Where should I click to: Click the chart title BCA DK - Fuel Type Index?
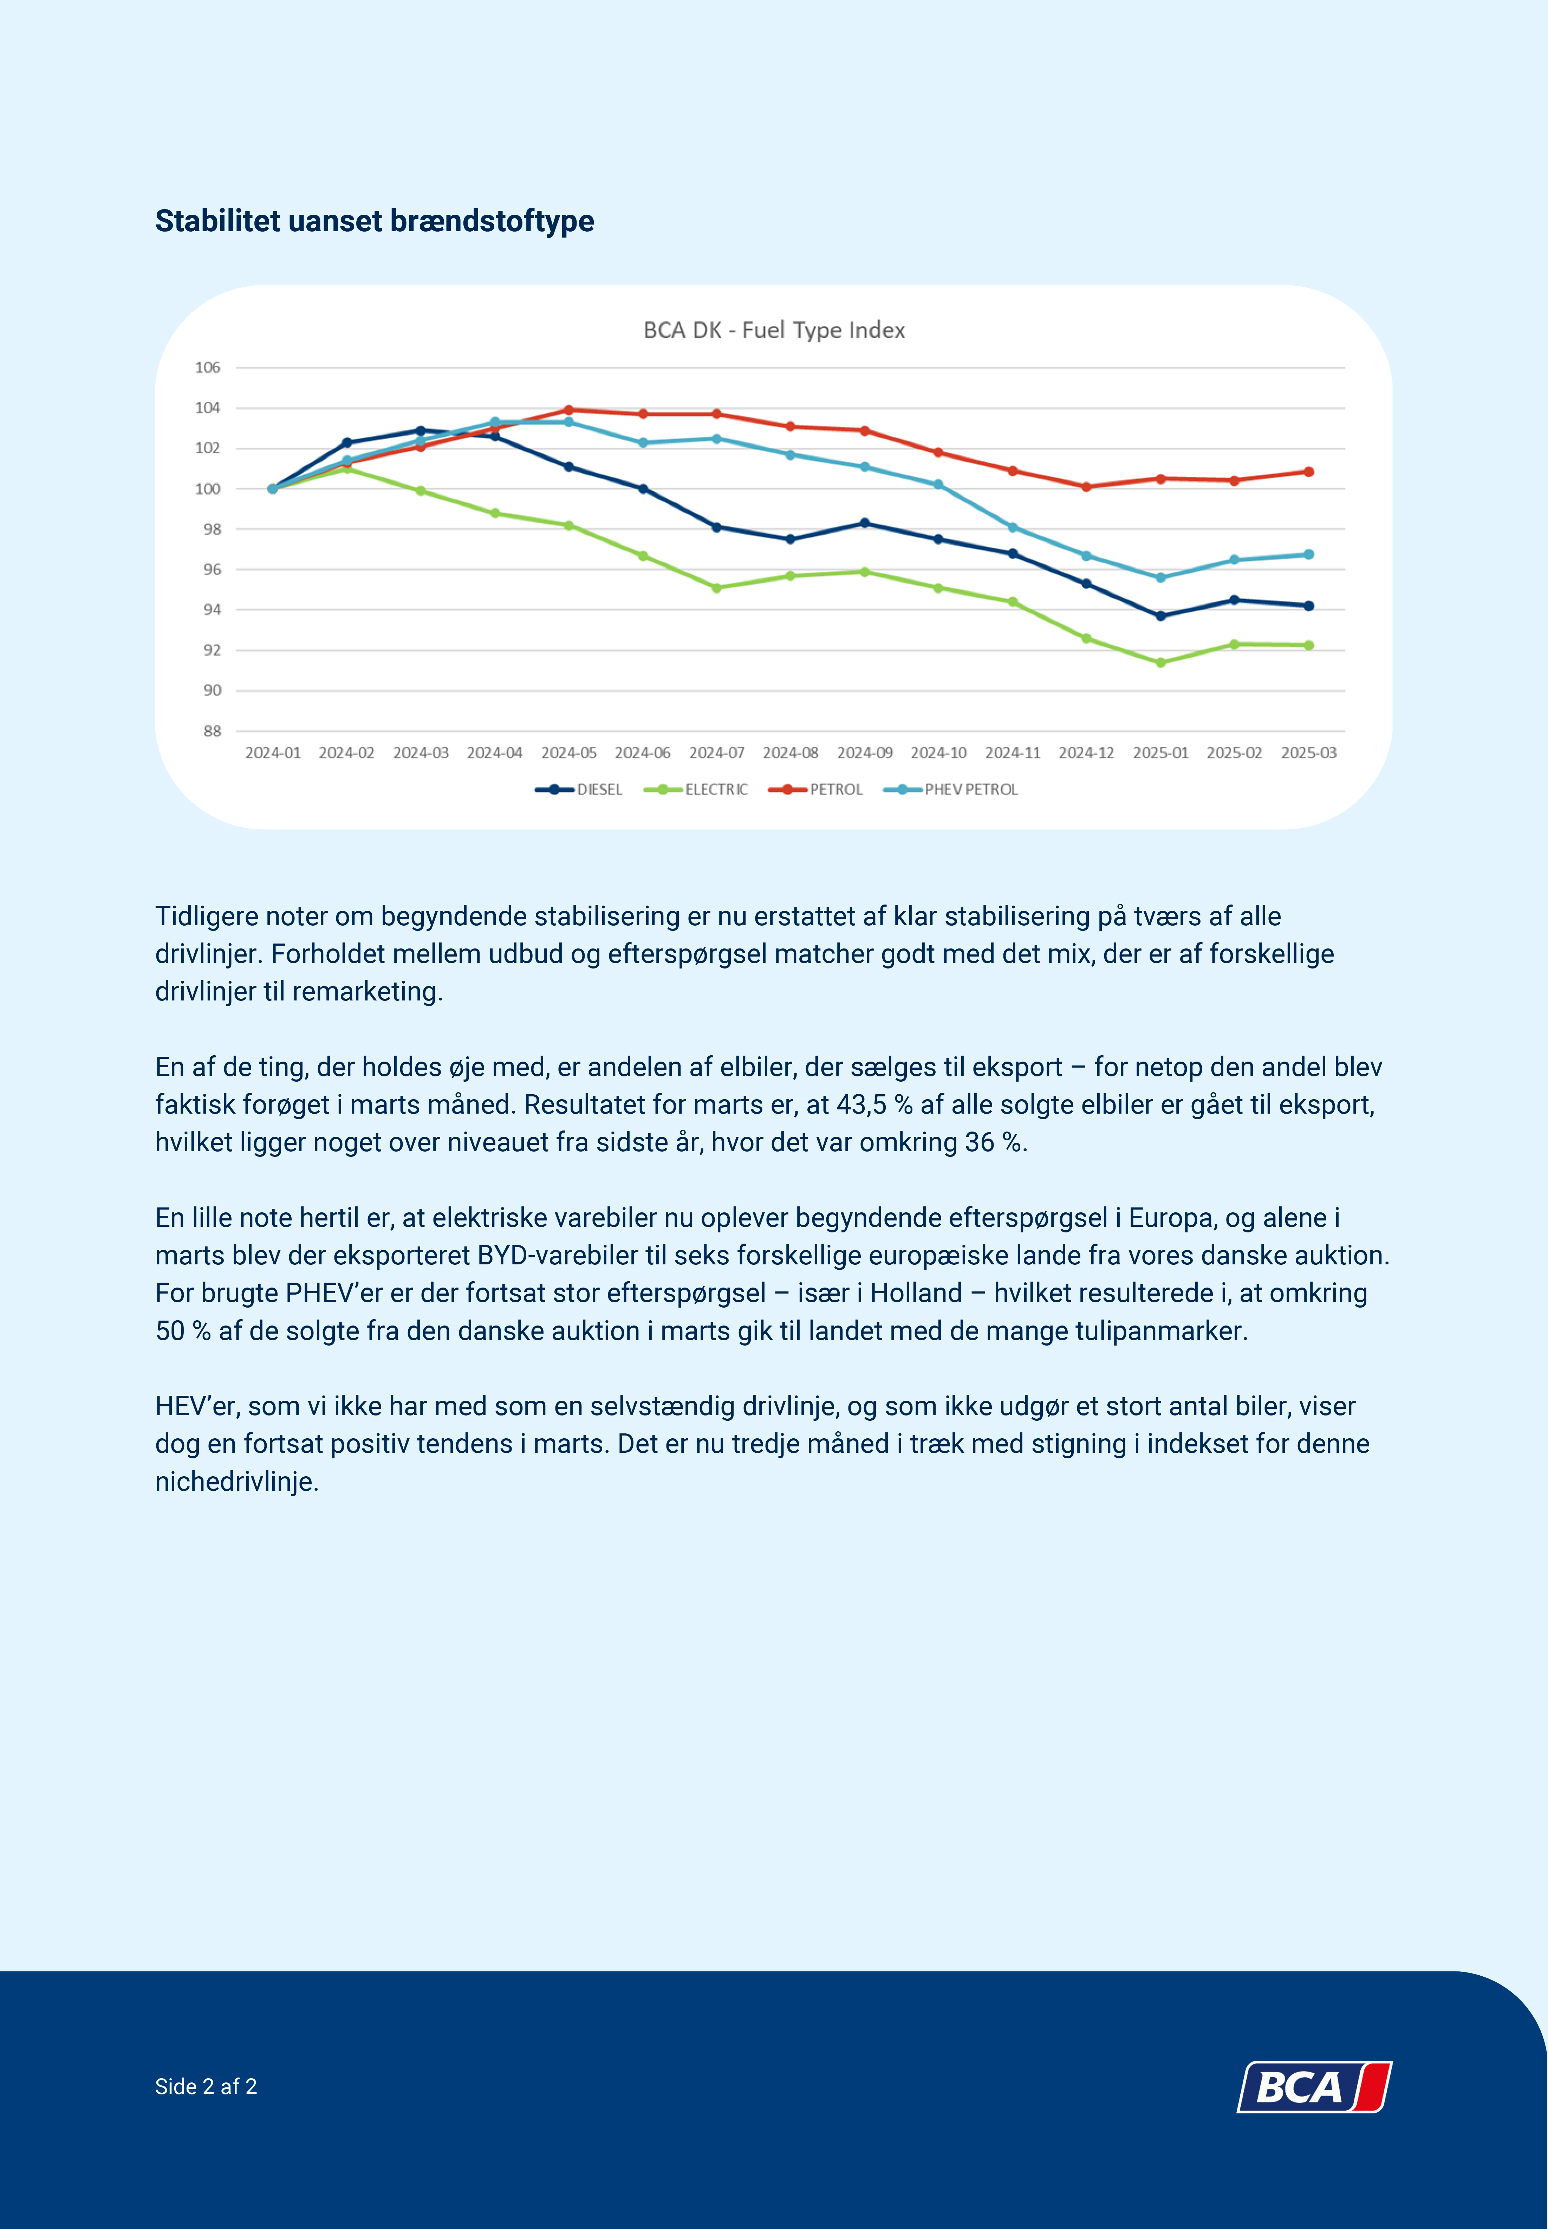[x=774, y=330]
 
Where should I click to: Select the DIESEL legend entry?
[x=579, y=790]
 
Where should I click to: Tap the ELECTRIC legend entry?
[x=695, y=790]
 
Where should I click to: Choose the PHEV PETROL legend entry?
[x=950, y=790]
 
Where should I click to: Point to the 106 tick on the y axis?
[x=208, y=368]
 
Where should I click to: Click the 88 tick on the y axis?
[x=212, y=731]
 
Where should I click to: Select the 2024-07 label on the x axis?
[x=717, y=753]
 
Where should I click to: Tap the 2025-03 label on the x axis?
[x=1308, y=753]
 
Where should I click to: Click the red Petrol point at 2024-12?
[x=1086, y=487]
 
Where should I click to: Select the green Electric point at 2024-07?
[x=717, y=588]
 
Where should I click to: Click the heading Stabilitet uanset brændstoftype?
[x=375, y=221]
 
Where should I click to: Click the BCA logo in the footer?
[x=1314, y=2086]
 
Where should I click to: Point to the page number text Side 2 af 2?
[x=206, y=2086]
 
